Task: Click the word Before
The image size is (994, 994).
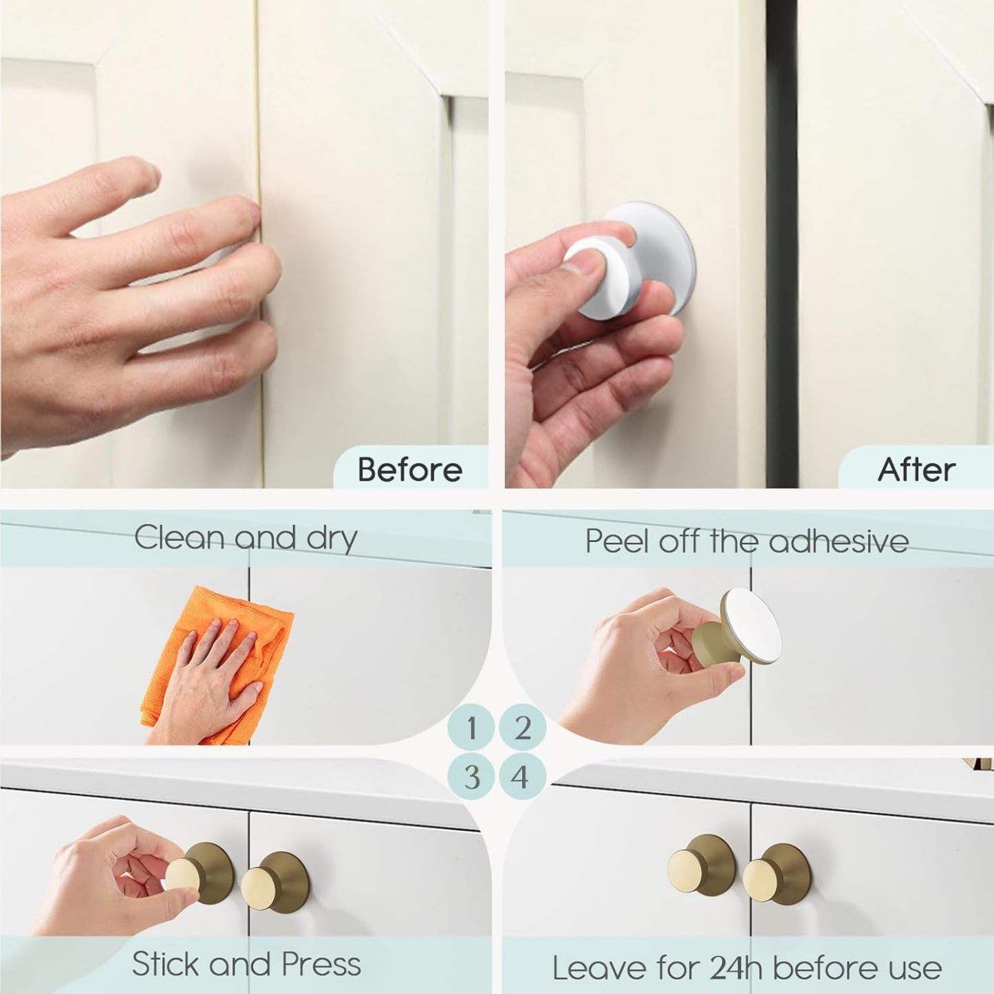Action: coord(409,469)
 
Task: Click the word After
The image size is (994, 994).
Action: coord(917,469)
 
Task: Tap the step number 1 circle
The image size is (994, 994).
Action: coord(471,728)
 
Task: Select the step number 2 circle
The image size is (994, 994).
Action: coord(522,728)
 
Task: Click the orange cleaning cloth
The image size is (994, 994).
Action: coord(217,665)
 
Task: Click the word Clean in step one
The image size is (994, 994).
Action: coord(180,538)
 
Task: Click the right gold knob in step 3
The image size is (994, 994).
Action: coord(275,881)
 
